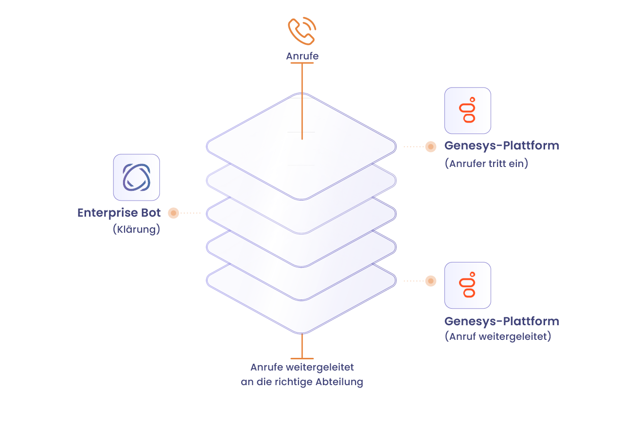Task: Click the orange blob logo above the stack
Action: click(306, 30)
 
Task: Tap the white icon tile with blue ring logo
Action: click(136, 177)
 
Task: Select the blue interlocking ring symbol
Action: click(136, 177)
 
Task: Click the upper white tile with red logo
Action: click(467, 111)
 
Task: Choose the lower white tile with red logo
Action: click(467, 285)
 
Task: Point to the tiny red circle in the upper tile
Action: click(472, 99)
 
